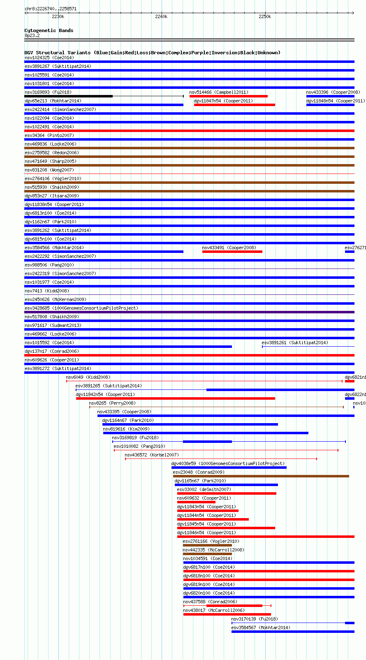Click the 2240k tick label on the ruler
[x=161, y=17]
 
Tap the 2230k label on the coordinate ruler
[x=58, y=17]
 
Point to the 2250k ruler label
[x=265, y=17]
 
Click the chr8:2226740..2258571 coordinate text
[x=51, y=9]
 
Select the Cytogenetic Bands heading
[x=49, y=30]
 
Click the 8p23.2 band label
[x=32, y=35]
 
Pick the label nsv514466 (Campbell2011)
[x=219, y=92]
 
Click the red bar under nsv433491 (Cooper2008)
[x=232, y=252]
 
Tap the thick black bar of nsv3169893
[x=68, y=96]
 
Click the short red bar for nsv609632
[x=196, y=502]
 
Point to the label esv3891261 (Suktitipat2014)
[x=295, y=343]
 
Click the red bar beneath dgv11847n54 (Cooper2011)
[x=234, y=105]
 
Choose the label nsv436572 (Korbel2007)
[x=152, y=455]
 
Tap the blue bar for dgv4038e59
[x=229, y=468]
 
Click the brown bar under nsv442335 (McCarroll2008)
[x=207, y=554]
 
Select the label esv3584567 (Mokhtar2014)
[x=260, y=628]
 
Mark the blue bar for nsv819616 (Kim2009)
[x=206, y=433]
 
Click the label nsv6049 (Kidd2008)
[x=88, y=377]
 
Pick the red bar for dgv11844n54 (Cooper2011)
[x=213, y=519]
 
